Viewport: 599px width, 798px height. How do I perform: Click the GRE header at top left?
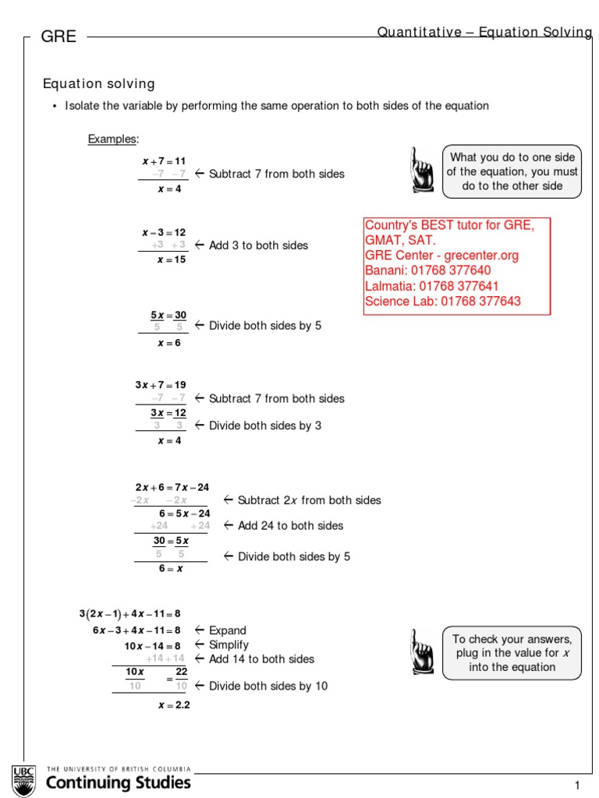coord(58,37)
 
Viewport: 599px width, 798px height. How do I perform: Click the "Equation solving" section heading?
coord(98,83)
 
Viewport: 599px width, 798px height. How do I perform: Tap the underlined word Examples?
coord(112,139)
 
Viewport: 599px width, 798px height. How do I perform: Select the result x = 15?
coord(171,260)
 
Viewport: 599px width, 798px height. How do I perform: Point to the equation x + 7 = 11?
coord(164,161)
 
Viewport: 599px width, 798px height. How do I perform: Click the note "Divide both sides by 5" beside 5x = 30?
coord(264,326)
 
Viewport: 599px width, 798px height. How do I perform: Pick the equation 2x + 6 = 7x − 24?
coord(172,487)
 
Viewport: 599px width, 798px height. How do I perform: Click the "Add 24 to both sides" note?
coord(290,526)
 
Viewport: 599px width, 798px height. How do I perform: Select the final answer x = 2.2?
coord(173,705)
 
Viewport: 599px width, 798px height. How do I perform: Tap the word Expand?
coord(227,630)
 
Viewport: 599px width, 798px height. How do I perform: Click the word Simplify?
coord(229,644)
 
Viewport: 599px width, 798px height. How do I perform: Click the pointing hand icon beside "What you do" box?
coord(422,170)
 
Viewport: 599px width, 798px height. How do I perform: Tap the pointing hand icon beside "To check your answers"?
coord(422,651)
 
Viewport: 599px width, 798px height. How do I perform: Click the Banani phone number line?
coord(428,270)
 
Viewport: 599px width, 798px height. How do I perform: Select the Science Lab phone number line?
coord(443,301)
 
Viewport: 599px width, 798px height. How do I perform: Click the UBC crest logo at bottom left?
coord(23,780)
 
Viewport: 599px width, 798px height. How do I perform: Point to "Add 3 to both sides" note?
coord(258,245)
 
